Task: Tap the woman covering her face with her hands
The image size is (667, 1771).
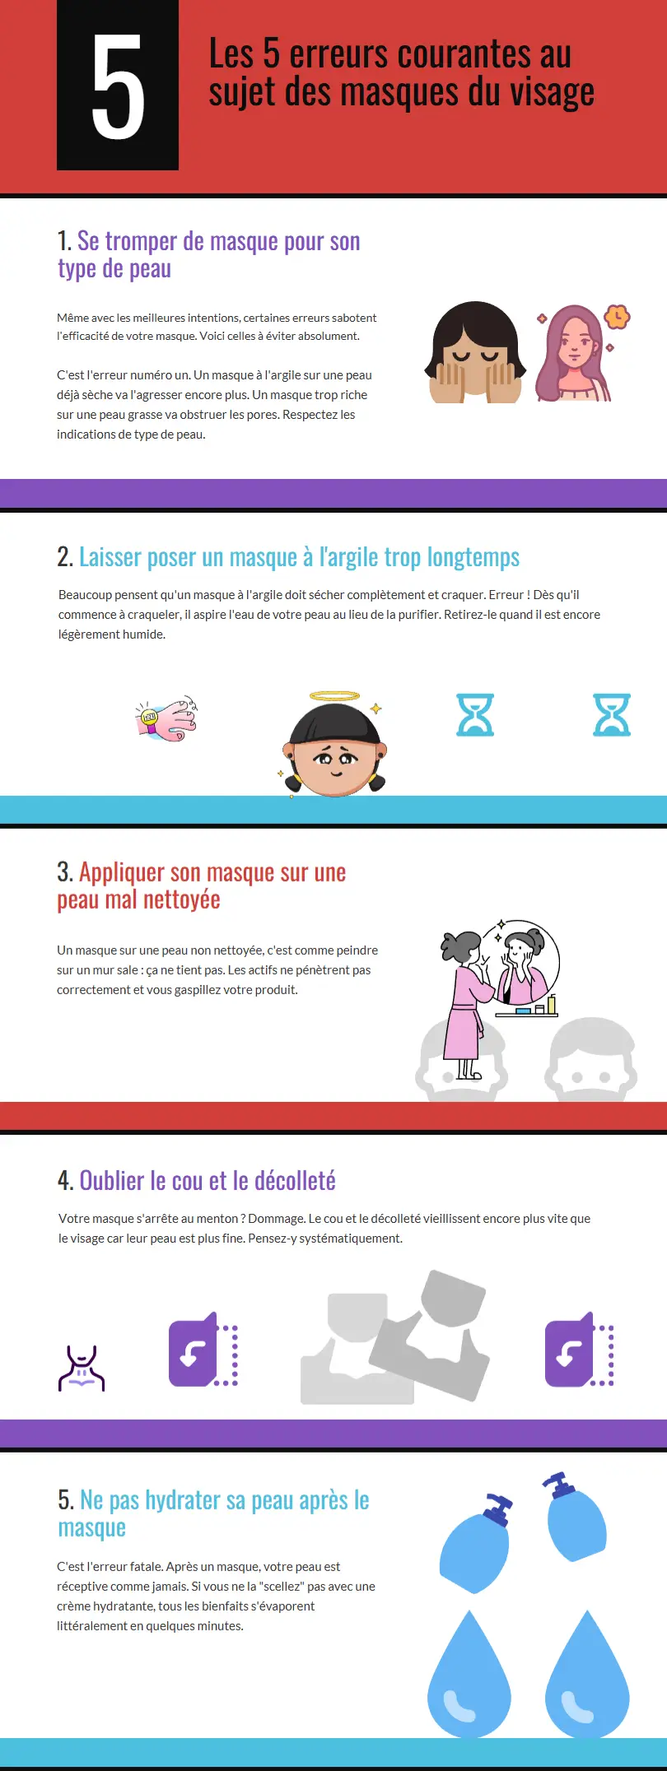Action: tap(474, 354)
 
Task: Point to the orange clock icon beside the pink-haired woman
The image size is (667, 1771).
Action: tap(617, 317)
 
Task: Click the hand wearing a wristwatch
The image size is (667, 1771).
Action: tap(167, 718)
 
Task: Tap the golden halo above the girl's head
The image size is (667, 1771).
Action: tap(334, 696)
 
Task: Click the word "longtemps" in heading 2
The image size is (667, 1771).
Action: tap(473, 557)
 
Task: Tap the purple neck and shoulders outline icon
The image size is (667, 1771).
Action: tap(82, 1369)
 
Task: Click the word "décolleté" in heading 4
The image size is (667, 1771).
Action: tap(295, 1181)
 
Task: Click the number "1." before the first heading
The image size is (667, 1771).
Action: tap(64, 241)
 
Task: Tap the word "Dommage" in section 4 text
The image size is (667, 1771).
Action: tap(276, 1219)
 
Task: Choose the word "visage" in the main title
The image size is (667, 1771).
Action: tap(552, 92)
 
